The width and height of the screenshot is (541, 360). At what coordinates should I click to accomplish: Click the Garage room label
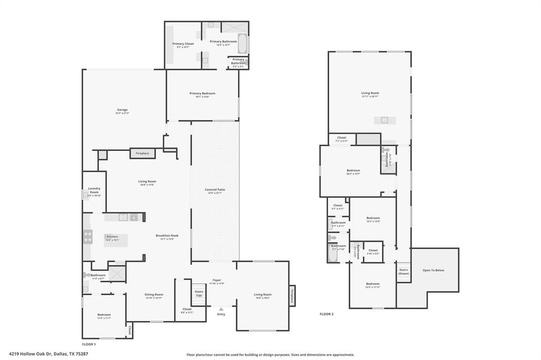122,110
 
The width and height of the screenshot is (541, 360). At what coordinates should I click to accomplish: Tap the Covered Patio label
215,190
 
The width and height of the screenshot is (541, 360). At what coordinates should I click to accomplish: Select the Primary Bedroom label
202,93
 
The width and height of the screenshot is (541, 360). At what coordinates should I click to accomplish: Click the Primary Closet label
183,44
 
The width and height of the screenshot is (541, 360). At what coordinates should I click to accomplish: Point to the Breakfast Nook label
167,235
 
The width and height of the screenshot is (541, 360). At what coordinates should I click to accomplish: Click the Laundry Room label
94,191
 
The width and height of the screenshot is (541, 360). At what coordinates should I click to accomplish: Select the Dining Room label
154,295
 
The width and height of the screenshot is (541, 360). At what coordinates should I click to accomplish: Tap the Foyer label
217,280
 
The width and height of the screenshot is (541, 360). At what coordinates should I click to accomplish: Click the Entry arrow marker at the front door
221,309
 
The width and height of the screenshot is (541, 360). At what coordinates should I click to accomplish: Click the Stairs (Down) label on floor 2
404,271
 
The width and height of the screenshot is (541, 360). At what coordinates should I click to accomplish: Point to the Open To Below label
433,270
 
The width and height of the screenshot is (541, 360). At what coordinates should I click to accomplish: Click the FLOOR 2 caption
327,314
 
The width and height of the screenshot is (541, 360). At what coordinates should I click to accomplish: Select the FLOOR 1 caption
89,344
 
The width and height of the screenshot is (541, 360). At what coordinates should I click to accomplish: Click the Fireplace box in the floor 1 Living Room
142,153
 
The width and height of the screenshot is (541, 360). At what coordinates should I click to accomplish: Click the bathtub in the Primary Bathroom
242,44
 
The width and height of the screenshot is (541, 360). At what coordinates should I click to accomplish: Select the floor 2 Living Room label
370,93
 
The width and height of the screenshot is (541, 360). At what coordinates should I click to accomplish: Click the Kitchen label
112,237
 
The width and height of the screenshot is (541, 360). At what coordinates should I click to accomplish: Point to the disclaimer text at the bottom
270,355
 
